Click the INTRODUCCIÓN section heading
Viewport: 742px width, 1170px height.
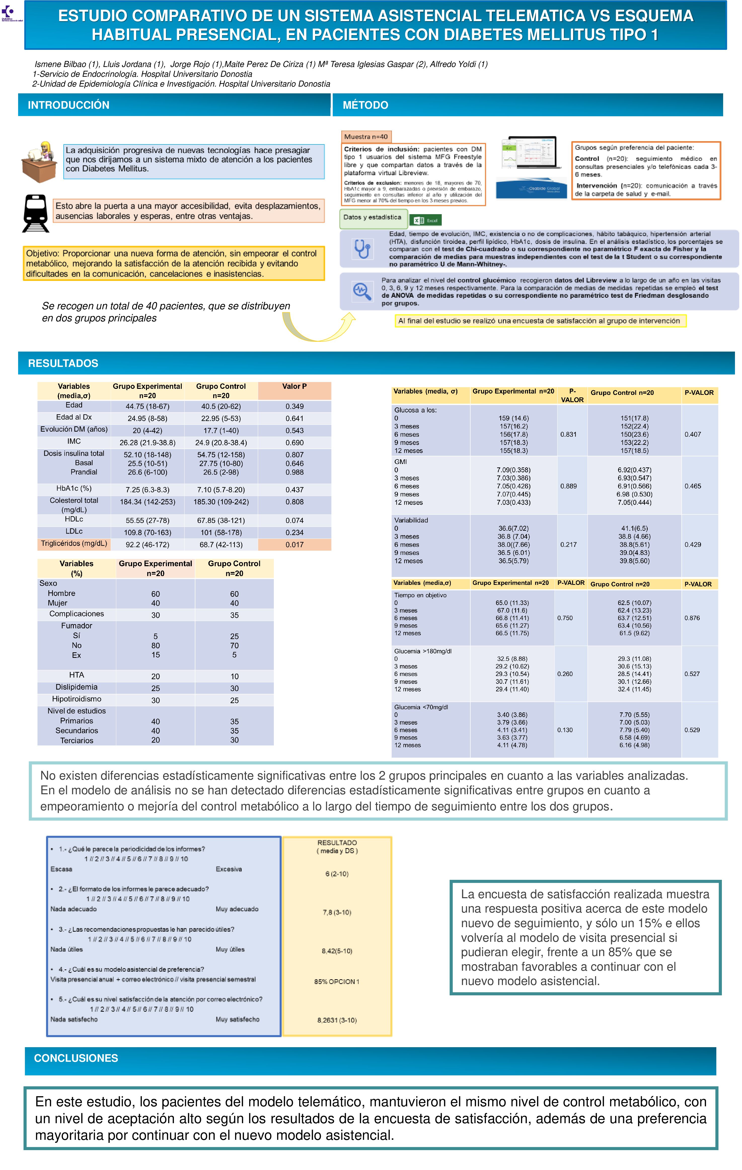click(x=68, y=105)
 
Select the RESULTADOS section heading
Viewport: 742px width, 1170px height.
click(x=63, y=363)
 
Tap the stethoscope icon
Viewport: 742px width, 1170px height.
click(x=362, y=249)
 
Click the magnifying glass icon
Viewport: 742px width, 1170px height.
click(x=362, y=291)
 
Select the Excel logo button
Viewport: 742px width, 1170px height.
click(x=425, y=220)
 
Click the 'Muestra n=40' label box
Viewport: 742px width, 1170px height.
click(x=366, y=137)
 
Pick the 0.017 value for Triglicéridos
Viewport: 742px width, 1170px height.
click(x=294, y=545)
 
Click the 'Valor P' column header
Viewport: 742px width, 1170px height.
click(x=294, y=387)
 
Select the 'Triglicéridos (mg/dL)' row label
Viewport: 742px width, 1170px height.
click(x=74, y=544)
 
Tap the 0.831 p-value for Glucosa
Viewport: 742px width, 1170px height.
click(x=569, y=434)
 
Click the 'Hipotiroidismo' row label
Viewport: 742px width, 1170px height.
click(x=77, y=699)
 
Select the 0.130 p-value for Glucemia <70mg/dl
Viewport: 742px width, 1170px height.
click(x=565, y=730)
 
